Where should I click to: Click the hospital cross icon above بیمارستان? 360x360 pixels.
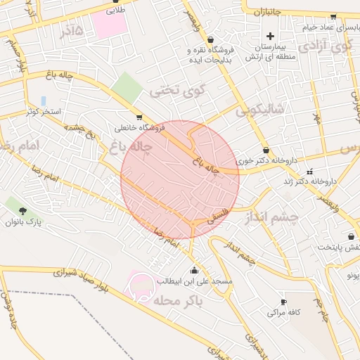point(270,36)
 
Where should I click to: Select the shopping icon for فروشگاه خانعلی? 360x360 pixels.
point(139,117)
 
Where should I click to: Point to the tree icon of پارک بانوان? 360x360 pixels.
point(23,210)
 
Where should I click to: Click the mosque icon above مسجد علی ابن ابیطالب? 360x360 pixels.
point(194,269)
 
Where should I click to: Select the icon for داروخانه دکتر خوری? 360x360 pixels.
point(266,150)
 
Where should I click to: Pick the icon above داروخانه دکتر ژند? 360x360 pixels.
point(310,171)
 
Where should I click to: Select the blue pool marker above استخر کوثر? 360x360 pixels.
point(44,101)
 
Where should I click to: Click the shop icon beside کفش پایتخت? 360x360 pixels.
point(351,237)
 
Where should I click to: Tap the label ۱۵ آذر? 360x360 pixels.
point(72,32)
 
